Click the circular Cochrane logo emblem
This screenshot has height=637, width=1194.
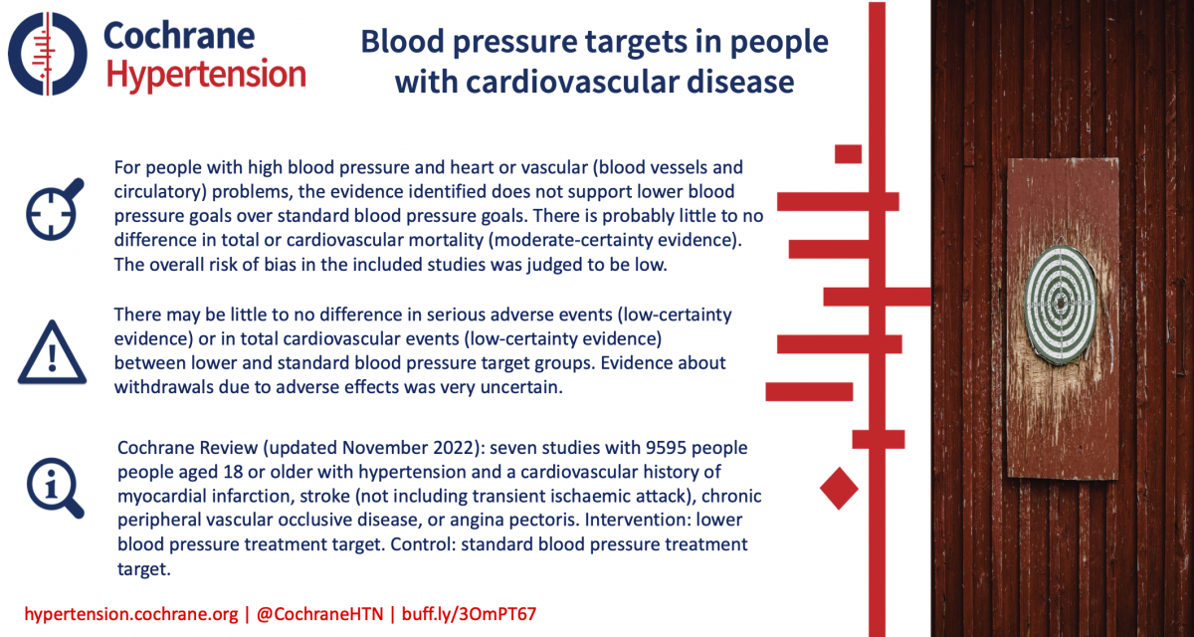48,54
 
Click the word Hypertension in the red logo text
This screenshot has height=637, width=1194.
206,75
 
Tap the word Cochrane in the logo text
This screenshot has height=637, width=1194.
179,36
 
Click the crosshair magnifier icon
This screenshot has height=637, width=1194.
55,209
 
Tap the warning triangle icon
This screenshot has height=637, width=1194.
52,352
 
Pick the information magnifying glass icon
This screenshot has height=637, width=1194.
56,488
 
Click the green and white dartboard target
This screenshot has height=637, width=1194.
1061,304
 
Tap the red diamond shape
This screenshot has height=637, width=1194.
839,489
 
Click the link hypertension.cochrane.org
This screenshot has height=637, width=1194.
131,614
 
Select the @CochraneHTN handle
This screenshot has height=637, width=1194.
319,614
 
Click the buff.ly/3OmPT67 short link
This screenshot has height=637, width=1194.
469,614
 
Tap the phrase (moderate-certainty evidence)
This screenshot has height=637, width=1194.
615,241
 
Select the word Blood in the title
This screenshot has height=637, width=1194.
403,41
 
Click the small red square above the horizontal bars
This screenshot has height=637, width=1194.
848,154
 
